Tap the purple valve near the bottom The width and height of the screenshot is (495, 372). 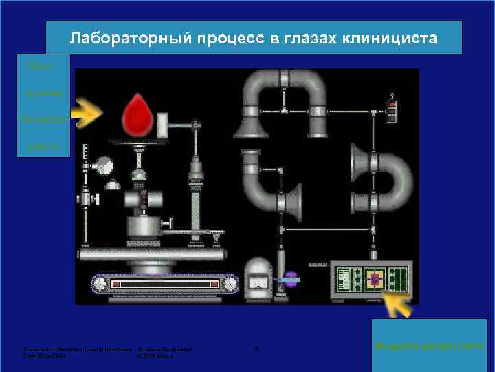(x=291, y=279)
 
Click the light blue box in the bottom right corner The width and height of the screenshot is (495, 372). (x=430, y=344)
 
